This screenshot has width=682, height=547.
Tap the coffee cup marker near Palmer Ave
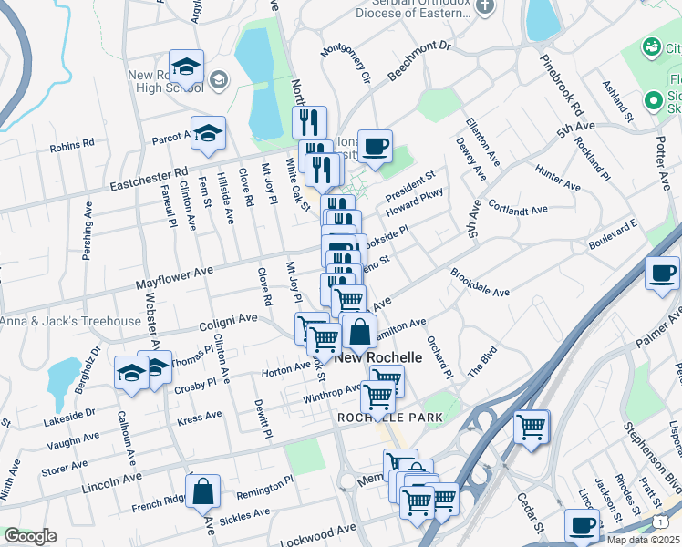click(662, 273)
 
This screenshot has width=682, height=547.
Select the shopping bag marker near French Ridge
click(202, 492)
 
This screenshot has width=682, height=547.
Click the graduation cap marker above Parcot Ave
click(208, 133)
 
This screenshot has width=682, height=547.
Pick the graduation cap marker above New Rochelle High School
click(186, 67)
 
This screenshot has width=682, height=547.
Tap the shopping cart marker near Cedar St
click(531, 426)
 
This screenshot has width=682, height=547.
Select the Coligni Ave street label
click(229, 323)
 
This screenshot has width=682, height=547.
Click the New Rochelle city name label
click(378, 358)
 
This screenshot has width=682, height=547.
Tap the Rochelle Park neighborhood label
click(390, 418)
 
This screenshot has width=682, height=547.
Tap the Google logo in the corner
click(30, 536)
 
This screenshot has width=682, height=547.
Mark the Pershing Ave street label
click(88, 238)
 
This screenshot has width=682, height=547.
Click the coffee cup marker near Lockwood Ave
click(582, 525)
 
